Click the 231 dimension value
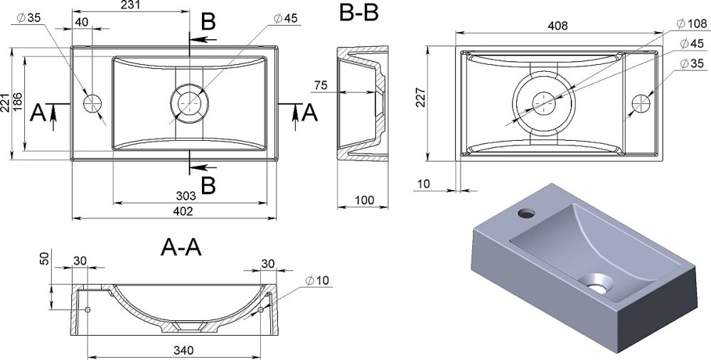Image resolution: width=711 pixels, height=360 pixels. pos(129,6)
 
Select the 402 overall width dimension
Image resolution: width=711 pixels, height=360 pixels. pos(174,211)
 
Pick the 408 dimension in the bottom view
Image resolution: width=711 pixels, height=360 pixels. pos(557,26)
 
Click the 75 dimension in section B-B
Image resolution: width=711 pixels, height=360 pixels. pos(321,86)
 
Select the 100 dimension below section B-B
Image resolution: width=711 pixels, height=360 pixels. pos(363,201)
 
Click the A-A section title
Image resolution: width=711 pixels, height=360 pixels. pos(181,247)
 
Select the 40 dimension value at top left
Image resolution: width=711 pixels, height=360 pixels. pos(82,22)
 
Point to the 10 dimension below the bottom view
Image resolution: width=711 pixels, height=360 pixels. pos(424,184)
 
